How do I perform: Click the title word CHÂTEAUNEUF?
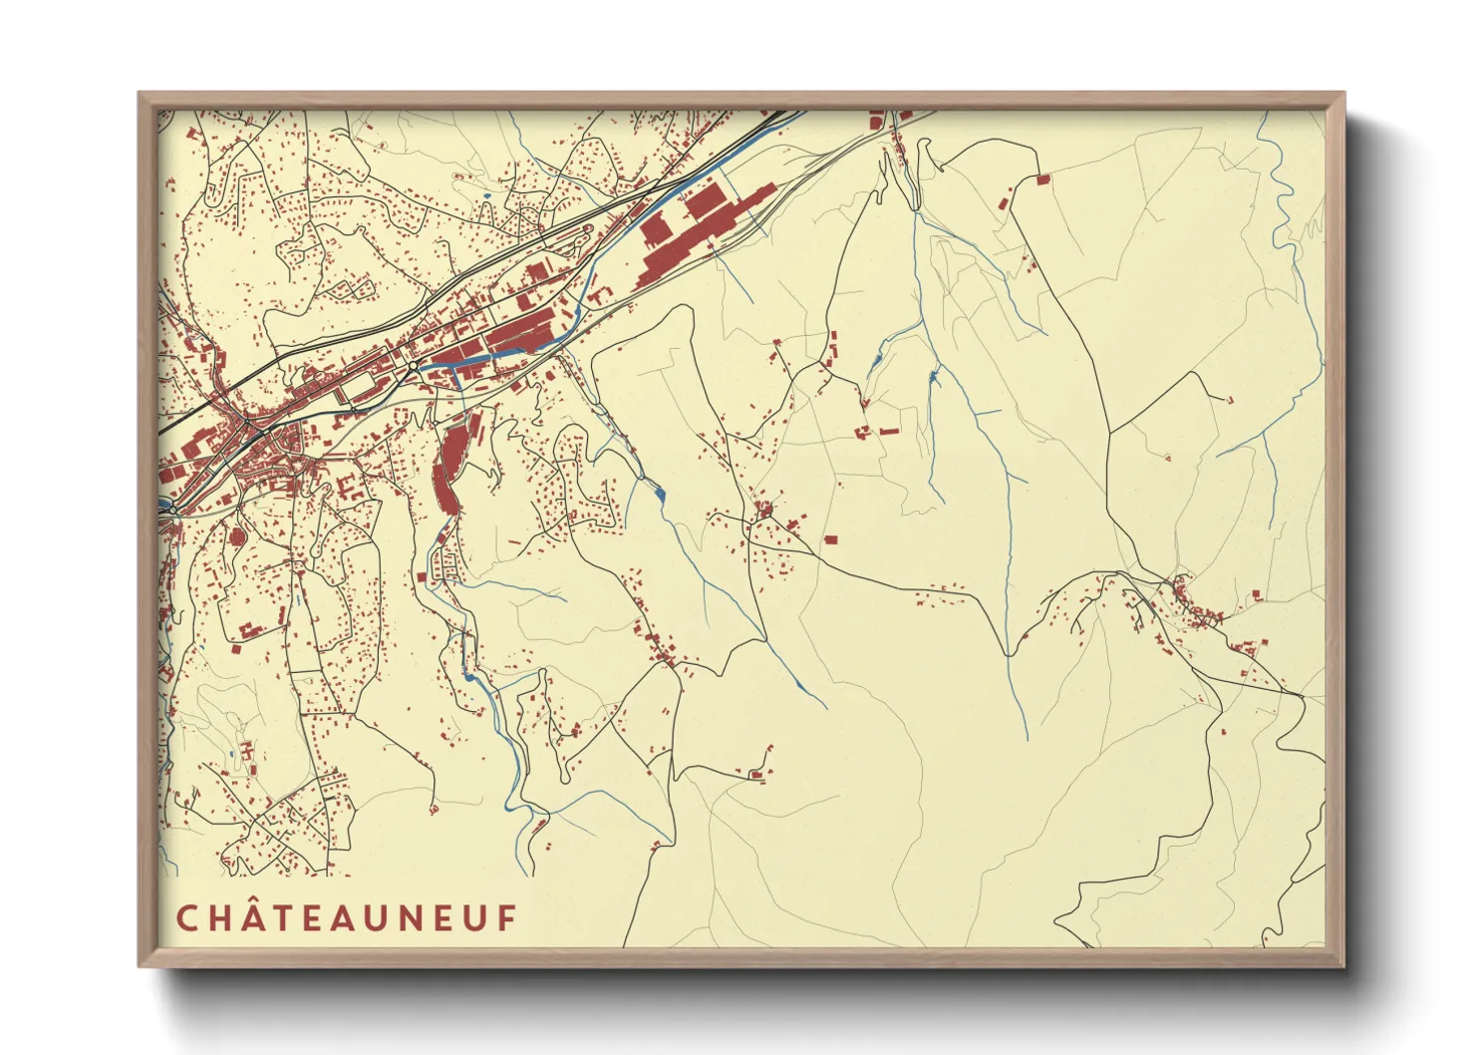click(347, 917)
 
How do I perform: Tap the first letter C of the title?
click(185, 918)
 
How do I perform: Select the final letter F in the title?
click(508, 918)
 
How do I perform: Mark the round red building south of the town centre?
click(237, 537)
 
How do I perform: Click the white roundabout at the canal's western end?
click(412, 368)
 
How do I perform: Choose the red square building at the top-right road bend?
click(1043, 179)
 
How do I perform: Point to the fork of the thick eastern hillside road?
click(1109, 432)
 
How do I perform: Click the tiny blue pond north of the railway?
click(485, 194)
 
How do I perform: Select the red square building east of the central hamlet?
click(830, 540)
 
